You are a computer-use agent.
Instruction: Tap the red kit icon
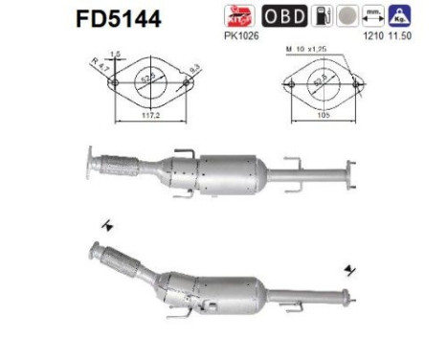tap(242, 16)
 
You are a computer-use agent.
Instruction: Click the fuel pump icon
tap(325, 16)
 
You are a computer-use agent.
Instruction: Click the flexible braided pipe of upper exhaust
tap(125, 163)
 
